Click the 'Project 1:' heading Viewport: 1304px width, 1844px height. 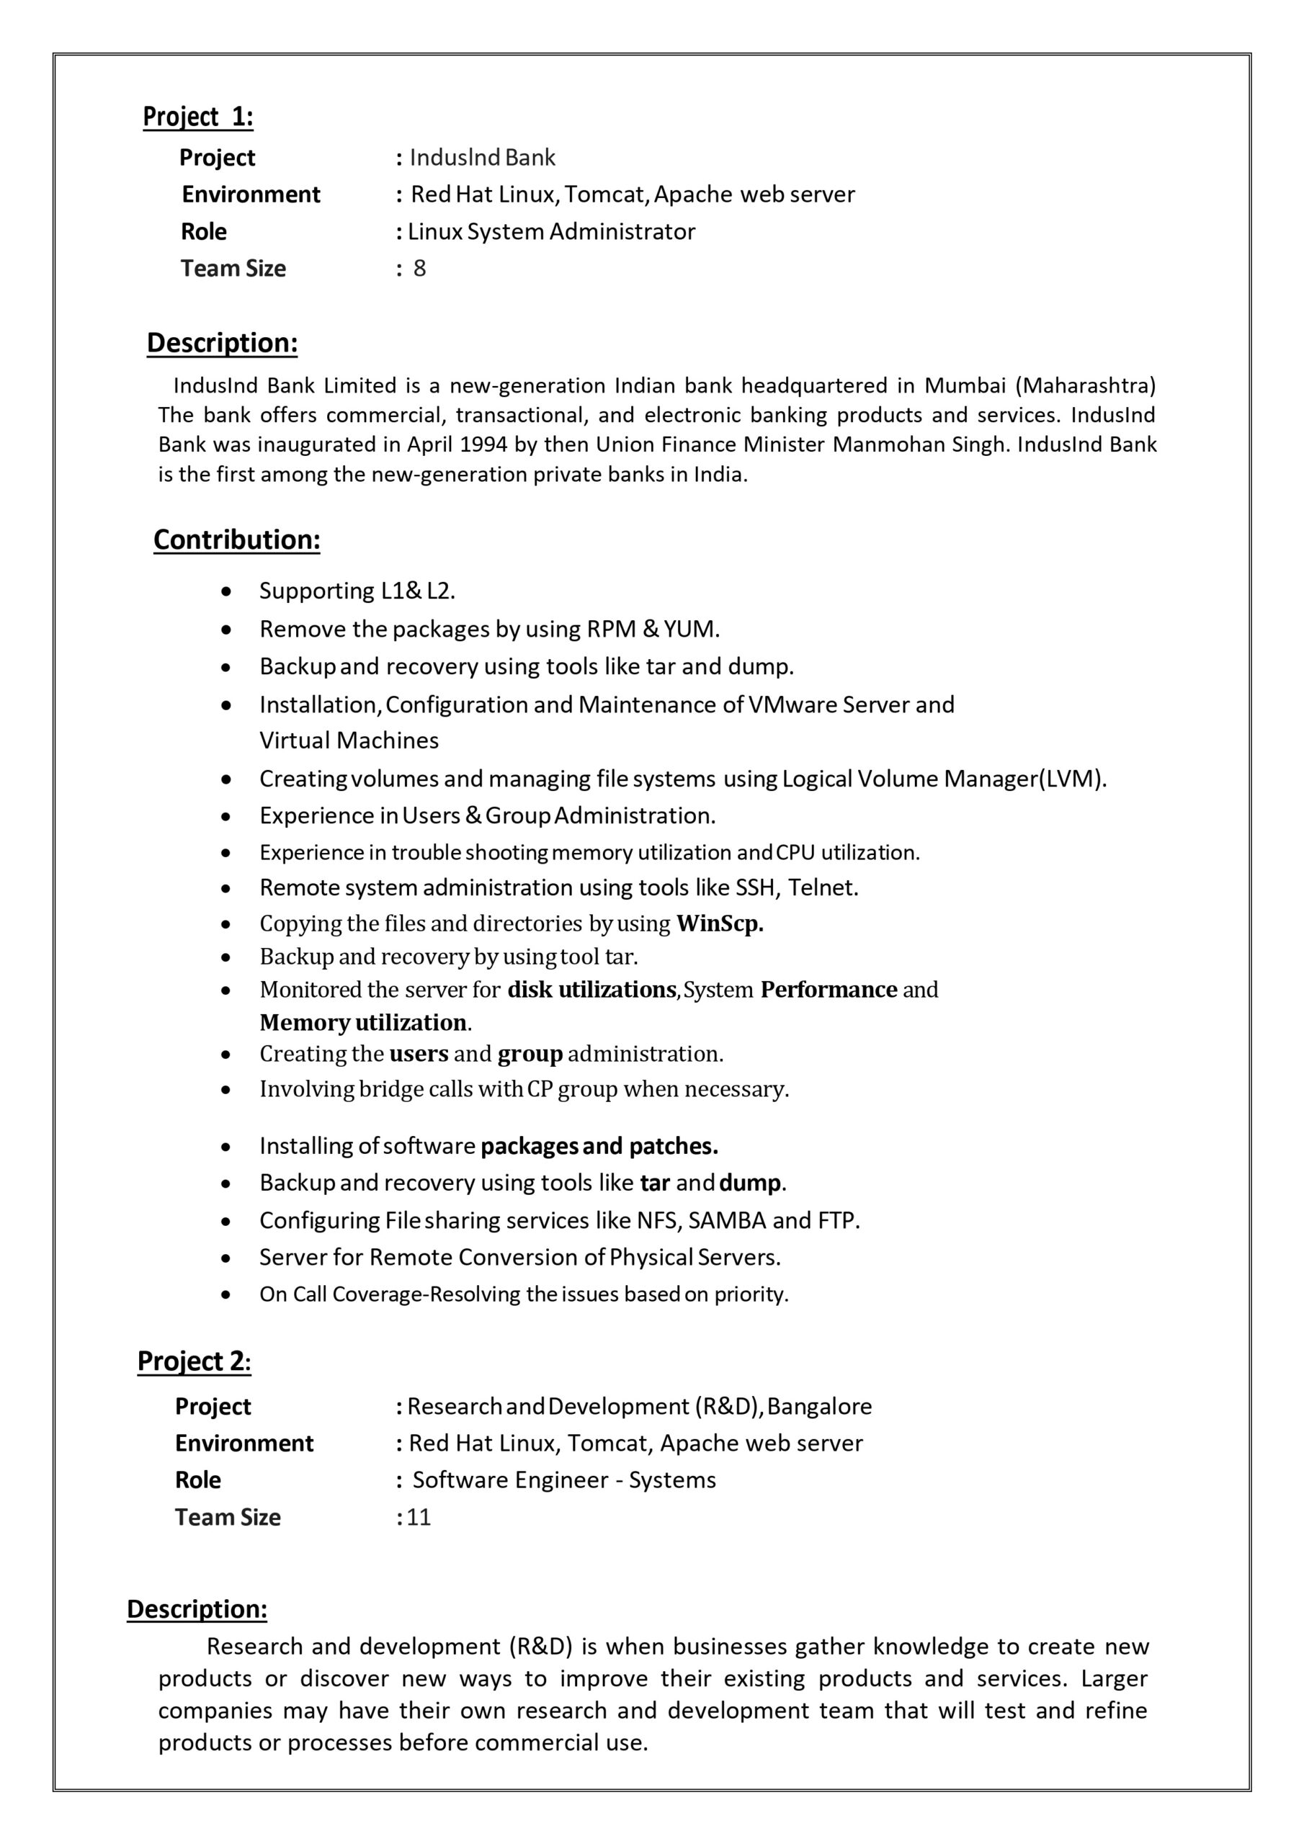197,117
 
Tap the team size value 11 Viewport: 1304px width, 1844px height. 419,1517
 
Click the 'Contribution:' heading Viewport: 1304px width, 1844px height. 237,540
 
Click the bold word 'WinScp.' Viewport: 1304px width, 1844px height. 720,923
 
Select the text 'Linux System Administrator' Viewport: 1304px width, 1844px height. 551,232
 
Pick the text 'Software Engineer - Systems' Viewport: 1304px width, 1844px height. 564,1480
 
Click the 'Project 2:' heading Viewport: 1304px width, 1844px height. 195,1361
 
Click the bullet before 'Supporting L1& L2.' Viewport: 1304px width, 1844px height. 228,592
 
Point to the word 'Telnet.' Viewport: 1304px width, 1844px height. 823,887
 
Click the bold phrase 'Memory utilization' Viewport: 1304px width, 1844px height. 363,1022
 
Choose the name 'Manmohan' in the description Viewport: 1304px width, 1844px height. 888,445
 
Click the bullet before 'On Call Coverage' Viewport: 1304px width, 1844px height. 228,1294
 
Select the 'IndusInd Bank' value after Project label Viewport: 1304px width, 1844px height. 482,158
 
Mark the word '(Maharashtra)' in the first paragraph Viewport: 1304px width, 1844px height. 1086,386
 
